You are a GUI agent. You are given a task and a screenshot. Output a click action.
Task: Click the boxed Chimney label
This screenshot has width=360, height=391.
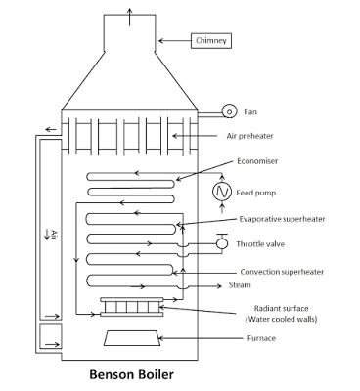tap(211, 41)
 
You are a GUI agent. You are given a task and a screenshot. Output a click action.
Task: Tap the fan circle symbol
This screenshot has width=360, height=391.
tap(229, 111)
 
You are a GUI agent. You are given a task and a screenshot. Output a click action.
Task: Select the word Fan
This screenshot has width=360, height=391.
tap(250, 112)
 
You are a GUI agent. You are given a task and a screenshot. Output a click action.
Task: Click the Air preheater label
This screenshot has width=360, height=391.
tap(249, 136)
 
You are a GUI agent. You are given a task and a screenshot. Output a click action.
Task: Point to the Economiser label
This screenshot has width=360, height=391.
tap(257, 161)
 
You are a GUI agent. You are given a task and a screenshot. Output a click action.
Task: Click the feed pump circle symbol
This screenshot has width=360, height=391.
tap(222, 192)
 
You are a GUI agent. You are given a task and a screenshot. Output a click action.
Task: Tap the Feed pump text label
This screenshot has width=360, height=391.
tap(256, 193)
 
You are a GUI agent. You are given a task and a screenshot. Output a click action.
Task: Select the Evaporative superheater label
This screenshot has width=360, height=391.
tap(282, 219)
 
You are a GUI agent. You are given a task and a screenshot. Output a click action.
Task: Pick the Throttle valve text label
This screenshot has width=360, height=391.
tap(260, 244)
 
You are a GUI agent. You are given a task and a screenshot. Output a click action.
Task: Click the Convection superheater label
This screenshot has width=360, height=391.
tap(282, 272)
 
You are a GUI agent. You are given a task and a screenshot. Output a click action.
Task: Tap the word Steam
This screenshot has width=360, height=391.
tap(240, 285)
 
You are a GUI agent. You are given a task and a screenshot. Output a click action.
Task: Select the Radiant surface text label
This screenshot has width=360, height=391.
tap(281, 308)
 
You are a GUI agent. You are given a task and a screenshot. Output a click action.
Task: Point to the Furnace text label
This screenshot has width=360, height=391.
tap(261, 338)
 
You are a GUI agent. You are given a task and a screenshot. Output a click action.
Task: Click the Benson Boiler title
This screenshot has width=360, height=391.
tap(131, 374)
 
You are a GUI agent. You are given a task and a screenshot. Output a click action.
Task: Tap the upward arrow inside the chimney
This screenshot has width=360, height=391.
tap(129, 17)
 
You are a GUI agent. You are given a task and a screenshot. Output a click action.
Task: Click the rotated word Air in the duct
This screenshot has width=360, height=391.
tap(54, 235)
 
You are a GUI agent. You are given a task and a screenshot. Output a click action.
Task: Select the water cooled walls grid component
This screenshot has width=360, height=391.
tap(132, 307)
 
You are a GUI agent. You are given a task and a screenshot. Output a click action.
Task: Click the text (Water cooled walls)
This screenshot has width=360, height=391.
tap(281, 319)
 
